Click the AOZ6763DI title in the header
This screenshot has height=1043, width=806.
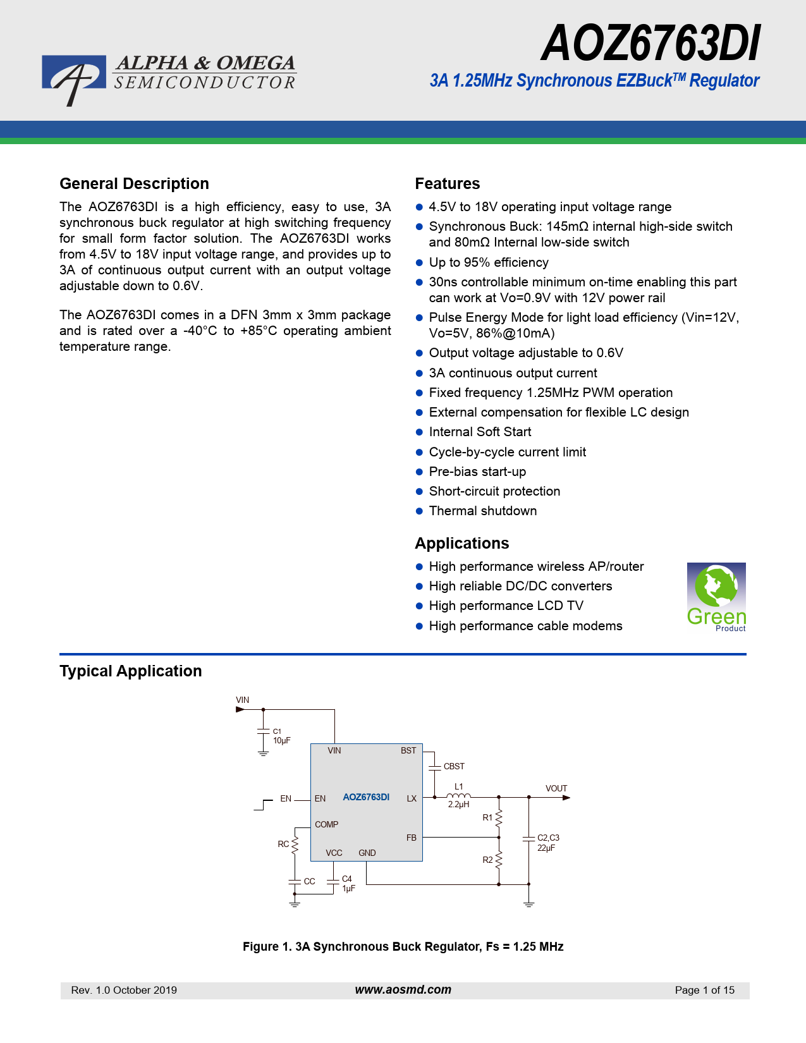[650, 44]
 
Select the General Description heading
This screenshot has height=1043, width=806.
[134, 184]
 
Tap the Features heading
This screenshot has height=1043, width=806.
[447, 184]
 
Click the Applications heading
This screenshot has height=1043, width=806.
[461, 544]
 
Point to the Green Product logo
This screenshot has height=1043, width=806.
[716, 597]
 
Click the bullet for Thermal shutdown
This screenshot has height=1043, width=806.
[419, 511]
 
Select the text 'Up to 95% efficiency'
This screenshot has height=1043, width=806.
[489, 262]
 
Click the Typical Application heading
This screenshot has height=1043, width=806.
[131, 671]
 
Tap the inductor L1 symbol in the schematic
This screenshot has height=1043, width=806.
[458, 796]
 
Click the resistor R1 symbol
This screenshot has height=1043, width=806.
[499, 817]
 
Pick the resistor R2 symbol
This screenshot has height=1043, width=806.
[499, 860]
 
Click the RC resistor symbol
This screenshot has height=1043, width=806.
[295, 844]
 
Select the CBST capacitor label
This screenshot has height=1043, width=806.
[454, 766]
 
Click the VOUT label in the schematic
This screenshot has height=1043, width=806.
[556, 788]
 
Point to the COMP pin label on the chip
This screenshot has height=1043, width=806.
[326, 824]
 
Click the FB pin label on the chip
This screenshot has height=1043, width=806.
[411, 838]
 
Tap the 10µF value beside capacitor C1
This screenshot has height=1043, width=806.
[281, 741]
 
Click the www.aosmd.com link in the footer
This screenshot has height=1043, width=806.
[403, 990]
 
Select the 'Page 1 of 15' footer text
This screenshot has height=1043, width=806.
[704, 990]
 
